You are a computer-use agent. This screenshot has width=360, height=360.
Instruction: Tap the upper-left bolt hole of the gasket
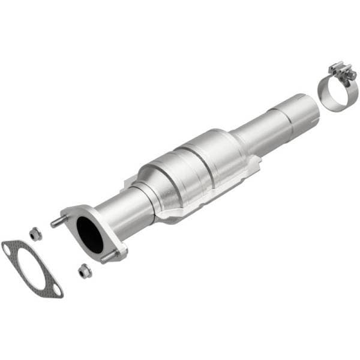8,247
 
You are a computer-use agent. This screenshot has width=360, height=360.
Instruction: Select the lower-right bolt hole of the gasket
56,291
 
